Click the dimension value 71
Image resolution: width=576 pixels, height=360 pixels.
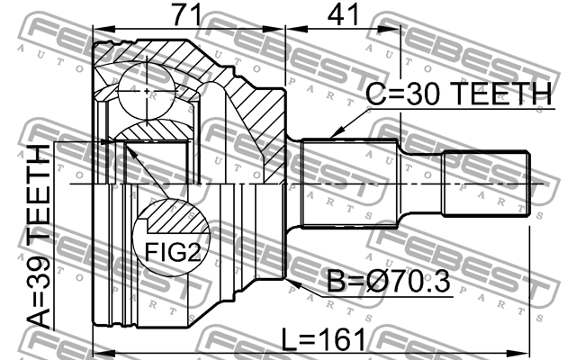pos(187,15)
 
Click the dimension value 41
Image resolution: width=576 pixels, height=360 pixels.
pos(343,15)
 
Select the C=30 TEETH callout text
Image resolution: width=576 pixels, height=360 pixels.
pos(459,94)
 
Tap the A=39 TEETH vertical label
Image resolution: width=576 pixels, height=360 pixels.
pos(39,237)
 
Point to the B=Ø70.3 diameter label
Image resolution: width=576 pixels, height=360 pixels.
pos(388,282)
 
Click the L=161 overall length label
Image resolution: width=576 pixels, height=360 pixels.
pos(324,339)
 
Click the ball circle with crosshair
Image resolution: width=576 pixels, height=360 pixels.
pos(147,91)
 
